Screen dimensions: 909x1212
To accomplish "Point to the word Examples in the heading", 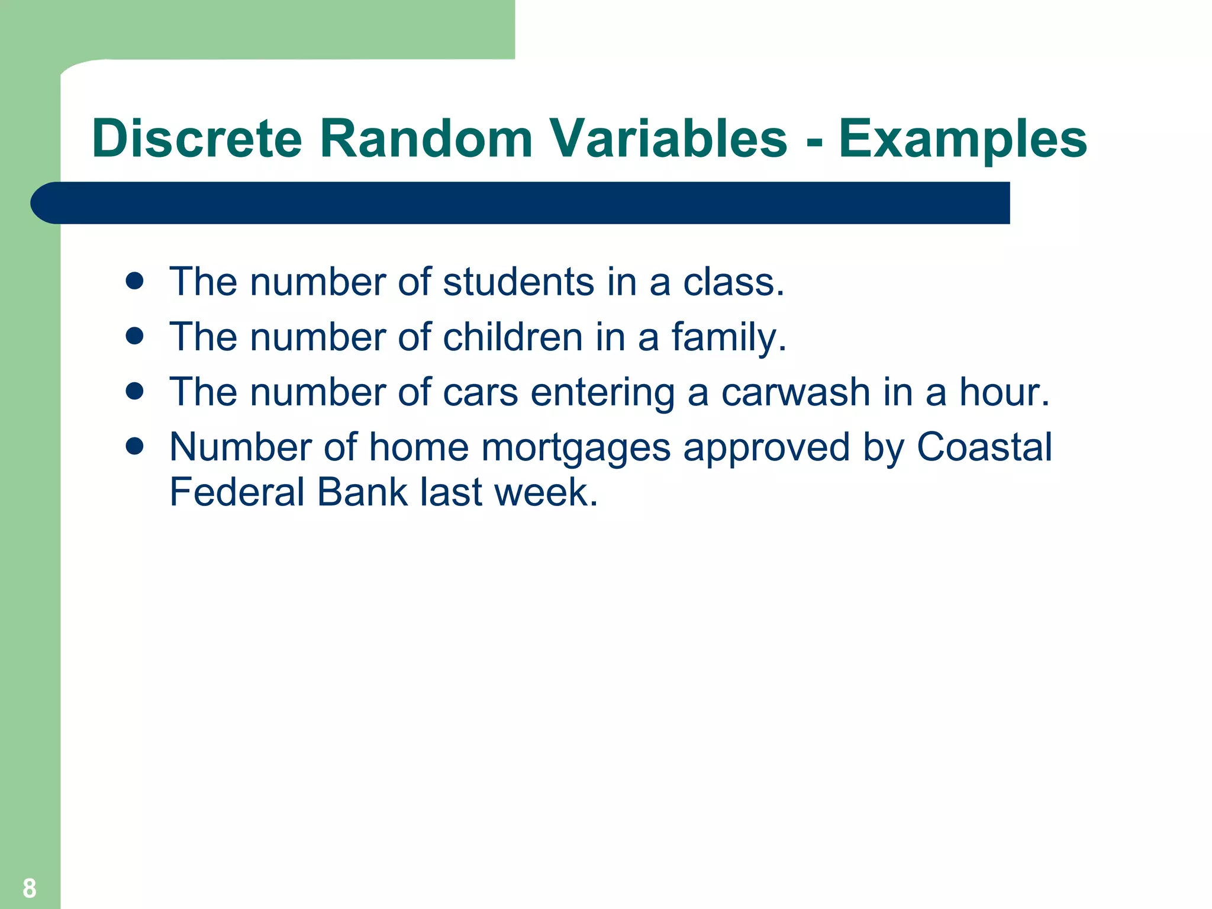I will coord(962,140).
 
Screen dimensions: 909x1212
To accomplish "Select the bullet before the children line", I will coord(135,336).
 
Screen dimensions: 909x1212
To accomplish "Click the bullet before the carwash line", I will coord(135,391).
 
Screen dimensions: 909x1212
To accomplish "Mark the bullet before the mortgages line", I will coord(135,446).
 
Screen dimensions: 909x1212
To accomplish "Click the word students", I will coord(518,282).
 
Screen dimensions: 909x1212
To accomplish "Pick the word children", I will coord(512,337).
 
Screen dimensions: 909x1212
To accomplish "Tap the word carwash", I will coord(795,392).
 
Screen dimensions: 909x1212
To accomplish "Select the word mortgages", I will coord(575,448).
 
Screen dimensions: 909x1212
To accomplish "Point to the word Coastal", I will coord(984,447).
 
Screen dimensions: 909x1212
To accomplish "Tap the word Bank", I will coord(362,492).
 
